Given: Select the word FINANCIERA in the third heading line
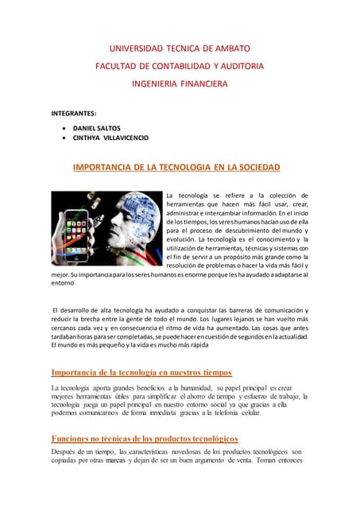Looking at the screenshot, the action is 202,83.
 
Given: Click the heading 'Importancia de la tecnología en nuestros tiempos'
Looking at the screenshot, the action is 141,372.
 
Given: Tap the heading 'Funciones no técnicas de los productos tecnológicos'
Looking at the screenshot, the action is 145,438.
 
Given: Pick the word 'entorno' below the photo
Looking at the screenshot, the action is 64,282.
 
